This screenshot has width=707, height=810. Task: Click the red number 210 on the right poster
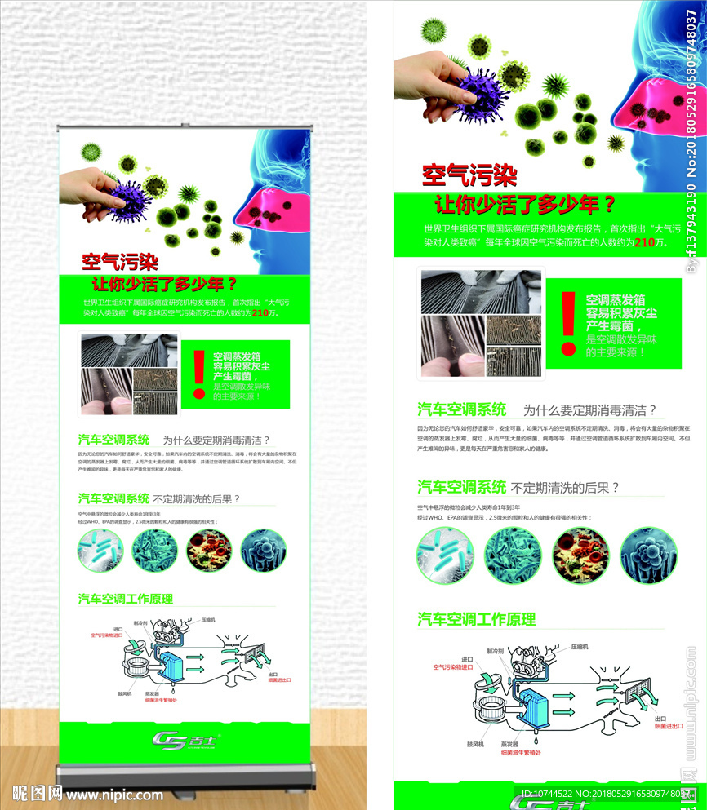point(644,242)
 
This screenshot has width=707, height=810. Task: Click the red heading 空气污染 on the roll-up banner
point(119,262)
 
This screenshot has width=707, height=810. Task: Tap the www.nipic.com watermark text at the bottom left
point(114,793)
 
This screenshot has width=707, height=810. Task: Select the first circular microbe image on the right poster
point(446,555)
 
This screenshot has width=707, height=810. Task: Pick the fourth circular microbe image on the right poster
point(648,555)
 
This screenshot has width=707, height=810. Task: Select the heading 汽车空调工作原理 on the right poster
point(476,619)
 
